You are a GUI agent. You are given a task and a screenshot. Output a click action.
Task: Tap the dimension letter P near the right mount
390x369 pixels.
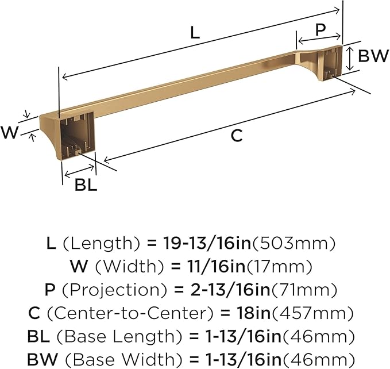[x=321, y=28]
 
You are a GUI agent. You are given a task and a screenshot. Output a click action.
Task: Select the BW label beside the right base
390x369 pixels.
[x=373, y=56]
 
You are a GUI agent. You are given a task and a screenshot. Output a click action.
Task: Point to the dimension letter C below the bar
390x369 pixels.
[x=237, y=136]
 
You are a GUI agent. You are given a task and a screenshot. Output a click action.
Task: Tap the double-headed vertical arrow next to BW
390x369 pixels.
[x=350, y=57]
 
